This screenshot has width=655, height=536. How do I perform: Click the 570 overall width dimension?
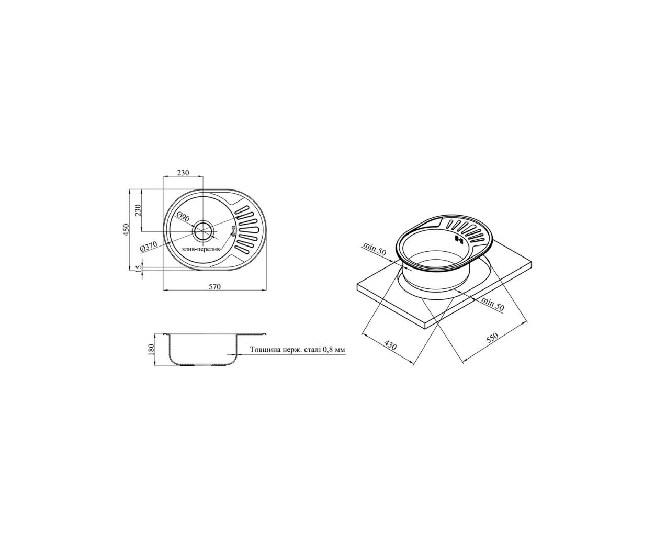pyautogui.click(x=214, y=287)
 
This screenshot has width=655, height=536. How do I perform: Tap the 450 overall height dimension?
pyautogui.click(x=126, y=229)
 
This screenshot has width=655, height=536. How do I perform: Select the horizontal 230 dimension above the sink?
pyautogui.click(x=183, y=173)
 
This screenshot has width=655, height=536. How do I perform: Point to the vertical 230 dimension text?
pyautogui.click(x=138, y=210)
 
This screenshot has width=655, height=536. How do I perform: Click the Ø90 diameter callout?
pyautogui.click(x=183, y=217)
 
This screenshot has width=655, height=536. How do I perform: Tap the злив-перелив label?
pyautogui.click(x=201, y=249)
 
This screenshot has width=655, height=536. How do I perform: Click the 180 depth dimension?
pyautogui.click(x=151, y=349)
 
